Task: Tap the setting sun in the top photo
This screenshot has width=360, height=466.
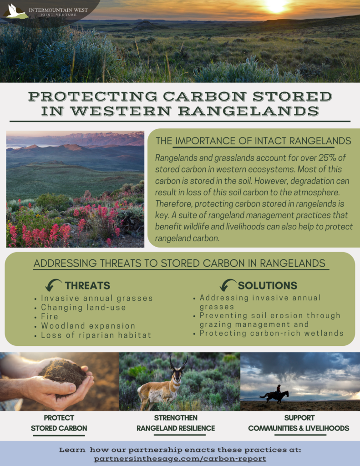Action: [276, 6]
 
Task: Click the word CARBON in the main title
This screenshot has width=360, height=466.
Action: [205, 96]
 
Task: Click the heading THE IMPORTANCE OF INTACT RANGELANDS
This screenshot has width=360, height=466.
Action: [254, 141]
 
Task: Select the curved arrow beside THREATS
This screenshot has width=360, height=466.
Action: [53, 285]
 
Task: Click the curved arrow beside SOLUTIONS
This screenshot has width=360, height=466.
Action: [228, 285]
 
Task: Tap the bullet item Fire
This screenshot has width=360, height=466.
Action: [50, 317]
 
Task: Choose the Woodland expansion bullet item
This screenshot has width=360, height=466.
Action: [88, 326]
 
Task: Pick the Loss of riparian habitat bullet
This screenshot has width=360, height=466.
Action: [96, 335]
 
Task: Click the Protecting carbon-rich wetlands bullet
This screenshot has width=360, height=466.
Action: [271, 333]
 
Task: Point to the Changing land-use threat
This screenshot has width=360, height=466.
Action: [84, 307]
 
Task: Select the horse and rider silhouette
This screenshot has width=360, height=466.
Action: [274, 395]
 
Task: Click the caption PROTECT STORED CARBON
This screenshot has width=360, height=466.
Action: [59, 423]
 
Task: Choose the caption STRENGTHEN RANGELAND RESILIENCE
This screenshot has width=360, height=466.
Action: [176, 423]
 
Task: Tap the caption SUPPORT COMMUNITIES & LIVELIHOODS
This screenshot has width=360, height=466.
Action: [299, 423]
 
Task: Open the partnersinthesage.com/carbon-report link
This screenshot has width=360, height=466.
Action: [180, 459]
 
